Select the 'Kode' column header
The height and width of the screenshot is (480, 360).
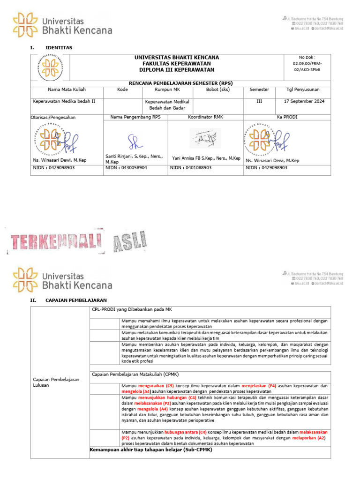123,90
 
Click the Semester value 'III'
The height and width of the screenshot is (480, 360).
259,101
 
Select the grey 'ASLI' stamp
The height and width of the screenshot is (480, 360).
128,241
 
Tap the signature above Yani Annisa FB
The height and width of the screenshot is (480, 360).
205,138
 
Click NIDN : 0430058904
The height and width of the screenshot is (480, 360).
127,167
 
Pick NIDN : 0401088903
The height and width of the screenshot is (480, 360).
191,167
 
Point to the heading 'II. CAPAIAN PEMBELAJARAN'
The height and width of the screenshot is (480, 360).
68,300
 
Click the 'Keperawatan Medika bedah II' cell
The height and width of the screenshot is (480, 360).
64,101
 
